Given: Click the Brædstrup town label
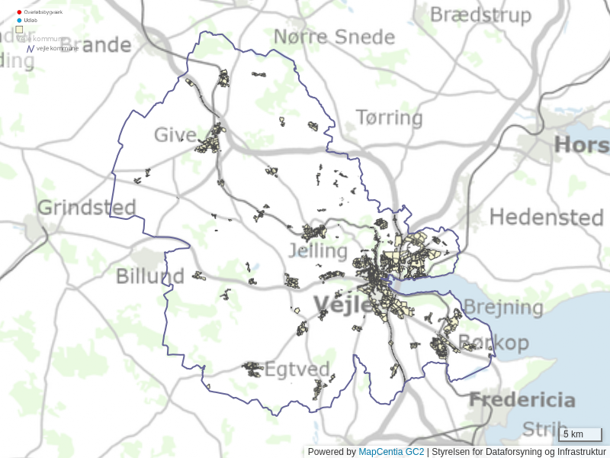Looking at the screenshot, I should (x=480, y=15).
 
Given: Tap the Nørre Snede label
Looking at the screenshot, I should (x=334, y=37).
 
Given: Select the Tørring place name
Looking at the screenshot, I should (x=389, y=118).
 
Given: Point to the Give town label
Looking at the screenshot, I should (x=175, y=135).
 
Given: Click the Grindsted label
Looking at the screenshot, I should (x=87, y=207).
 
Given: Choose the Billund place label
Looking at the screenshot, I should (x=150, y=276).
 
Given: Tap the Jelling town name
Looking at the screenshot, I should (x=318, y=250).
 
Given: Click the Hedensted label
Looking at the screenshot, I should (x=546, y=217).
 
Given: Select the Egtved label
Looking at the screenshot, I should (x=297, y=369).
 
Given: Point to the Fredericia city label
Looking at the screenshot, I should (x=522, y=399).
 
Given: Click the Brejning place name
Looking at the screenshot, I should (x=503, y=308).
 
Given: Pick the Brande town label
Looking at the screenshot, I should (x=105, y=45).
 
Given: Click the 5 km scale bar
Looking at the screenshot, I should (x=580, y=435).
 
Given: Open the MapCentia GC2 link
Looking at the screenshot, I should (x=391, y=452).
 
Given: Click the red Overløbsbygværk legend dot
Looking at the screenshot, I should (x=19, y=12).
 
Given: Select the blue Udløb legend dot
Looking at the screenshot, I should (x=19, y=20).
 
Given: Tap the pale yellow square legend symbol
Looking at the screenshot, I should (x=19, y=30).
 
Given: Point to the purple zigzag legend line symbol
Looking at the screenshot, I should (x=30, y=48).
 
